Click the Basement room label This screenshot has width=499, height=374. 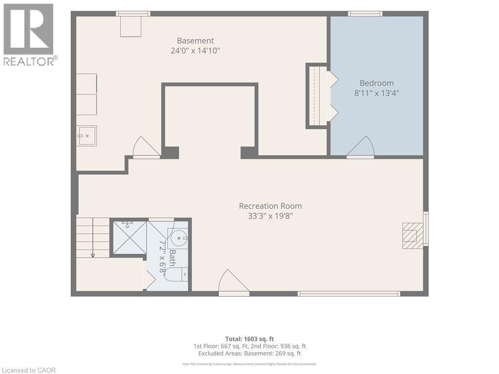[195, 41]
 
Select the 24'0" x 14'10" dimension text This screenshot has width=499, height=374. [195, 51]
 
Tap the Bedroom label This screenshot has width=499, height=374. [377, 83]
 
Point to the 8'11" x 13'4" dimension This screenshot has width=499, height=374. [377, 93]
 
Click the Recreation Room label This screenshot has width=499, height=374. [270, 206]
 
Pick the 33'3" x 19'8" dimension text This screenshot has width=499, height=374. [270, 216]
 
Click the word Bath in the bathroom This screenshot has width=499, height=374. [172, 258]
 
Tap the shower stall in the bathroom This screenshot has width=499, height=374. [130, 238]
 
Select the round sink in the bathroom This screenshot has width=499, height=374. [179, 238]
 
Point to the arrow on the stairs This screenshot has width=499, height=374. [93, 237]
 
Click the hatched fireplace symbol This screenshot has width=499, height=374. [413, 236]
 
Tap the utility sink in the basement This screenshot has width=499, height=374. [87, 136]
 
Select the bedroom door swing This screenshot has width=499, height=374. [360, 147]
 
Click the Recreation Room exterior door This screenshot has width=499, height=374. [233, 282]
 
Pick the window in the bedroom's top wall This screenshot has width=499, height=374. [365, 13]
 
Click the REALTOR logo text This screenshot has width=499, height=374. [31, 61]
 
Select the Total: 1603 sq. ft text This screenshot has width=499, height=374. [249, 339]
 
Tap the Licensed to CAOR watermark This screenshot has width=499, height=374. [29, 370]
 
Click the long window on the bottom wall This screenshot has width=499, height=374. [348, 294]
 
